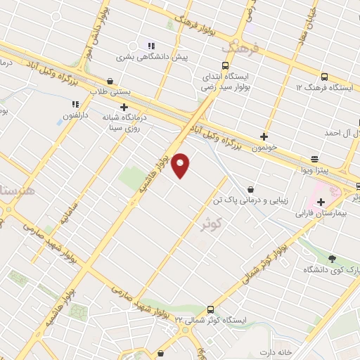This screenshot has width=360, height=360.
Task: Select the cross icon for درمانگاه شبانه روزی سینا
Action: (x=124, y=107)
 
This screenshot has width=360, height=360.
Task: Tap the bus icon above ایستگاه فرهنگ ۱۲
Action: (x=323, y=77)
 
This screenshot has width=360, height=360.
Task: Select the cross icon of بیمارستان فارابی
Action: (x=321, y=202)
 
